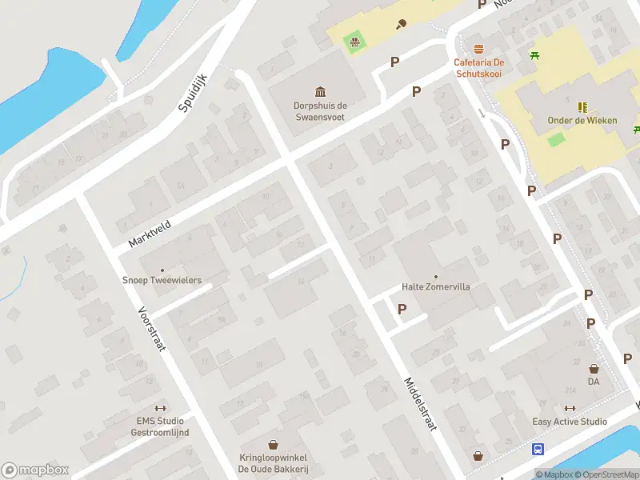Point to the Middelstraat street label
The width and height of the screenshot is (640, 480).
(420, 404)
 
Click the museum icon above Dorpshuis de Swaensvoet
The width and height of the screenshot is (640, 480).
(320, 91)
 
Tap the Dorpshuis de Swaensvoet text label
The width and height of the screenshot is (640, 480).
(319, 110)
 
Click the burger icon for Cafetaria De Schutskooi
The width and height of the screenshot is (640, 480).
(478, 49)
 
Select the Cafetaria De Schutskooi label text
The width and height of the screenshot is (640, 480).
(478, 67)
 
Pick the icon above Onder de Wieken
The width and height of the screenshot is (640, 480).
(582, 106)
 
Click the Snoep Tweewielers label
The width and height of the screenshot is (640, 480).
(162, 280)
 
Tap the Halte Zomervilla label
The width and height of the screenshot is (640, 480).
(435, 286)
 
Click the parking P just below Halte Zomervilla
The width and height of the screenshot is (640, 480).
(402, 309)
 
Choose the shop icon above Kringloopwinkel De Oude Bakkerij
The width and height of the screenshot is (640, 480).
(273, 444)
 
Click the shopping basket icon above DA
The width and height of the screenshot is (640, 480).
(594, 369)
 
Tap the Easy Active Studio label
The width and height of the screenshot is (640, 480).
(570, 422)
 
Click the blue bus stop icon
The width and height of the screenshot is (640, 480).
(538, 449)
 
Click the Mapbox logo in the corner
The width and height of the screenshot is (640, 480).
(35, 470)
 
